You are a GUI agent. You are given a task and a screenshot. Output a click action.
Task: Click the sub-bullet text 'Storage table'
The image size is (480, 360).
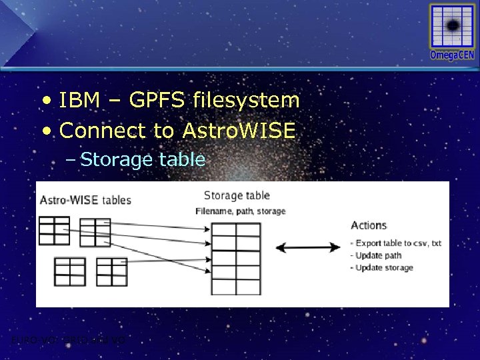(143, 159)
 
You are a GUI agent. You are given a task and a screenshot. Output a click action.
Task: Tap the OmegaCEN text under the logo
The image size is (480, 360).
(452, 55)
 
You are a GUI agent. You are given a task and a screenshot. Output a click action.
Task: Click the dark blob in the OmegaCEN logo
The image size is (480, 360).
(453, 25)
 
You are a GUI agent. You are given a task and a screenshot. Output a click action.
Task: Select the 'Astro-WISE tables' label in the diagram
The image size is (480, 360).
(85, 200)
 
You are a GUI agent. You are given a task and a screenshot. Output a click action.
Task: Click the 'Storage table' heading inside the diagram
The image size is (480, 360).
(237, 195)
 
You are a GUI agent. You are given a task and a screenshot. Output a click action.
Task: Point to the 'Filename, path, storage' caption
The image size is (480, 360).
(241, 211)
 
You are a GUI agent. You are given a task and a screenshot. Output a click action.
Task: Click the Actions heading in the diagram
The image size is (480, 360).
(369, 225)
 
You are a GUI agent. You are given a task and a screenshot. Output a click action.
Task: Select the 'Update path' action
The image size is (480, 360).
(379, 255)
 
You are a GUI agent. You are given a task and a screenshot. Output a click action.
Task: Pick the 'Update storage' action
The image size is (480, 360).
(384, 267)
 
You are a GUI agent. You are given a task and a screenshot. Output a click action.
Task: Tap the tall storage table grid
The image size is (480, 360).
(235, 257)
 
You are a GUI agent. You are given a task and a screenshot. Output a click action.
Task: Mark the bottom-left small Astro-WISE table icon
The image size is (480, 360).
(69, 271)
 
